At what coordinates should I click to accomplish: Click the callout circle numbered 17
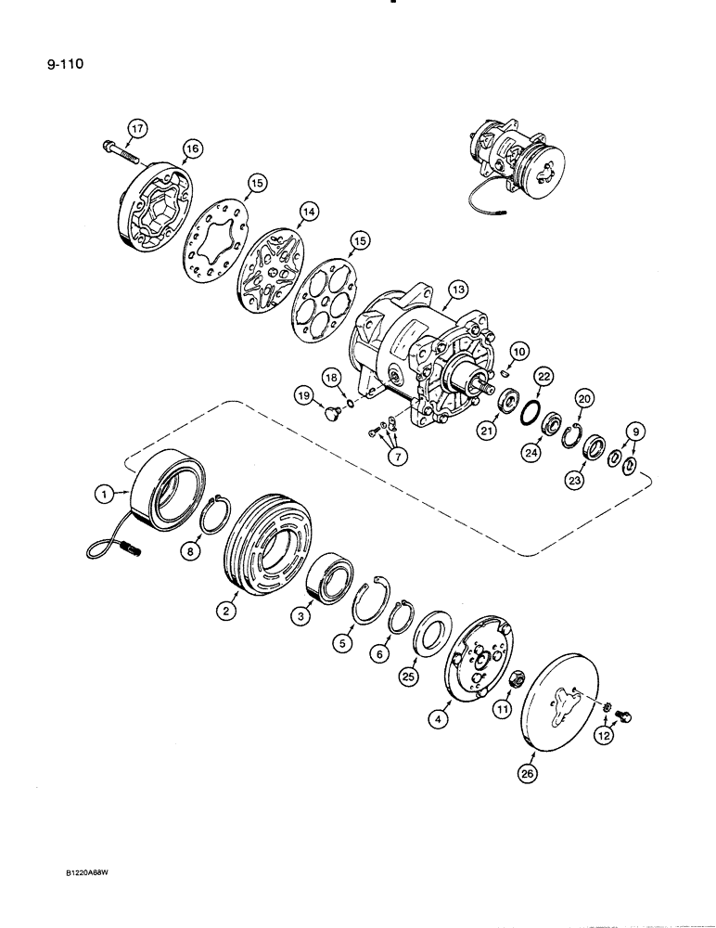(x=137, y=128)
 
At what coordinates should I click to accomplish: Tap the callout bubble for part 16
(x=192, y=148)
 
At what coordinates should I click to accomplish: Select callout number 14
(x=308, y=213)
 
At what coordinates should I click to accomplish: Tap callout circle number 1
(x=105, y=498)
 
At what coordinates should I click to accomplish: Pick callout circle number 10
(x=518, y=351)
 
